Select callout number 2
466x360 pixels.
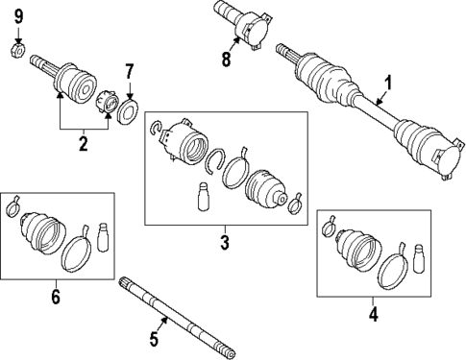pos(84,144)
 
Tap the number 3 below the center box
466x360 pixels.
pos(224,242)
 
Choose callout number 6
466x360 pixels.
pos(55,298)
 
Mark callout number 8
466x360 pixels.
pos(226,60)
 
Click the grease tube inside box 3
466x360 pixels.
pos(203,198)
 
